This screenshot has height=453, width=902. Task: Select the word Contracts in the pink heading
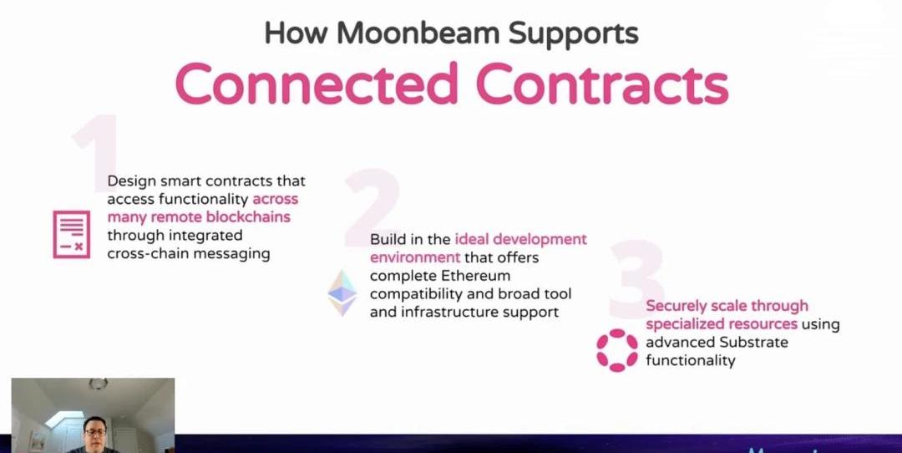point(602,84)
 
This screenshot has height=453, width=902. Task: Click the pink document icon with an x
point(71,234)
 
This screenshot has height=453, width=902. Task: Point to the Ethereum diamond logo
point(342,293)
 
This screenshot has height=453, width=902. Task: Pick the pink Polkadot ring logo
point(616,350)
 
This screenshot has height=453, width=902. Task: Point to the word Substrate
point(753,342)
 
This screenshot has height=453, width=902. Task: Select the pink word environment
point(415,257)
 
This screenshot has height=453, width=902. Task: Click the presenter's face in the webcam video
point(94,433)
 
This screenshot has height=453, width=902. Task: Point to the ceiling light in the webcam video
point(98,384)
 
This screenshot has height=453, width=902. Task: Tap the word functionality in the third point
point(691,360)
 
